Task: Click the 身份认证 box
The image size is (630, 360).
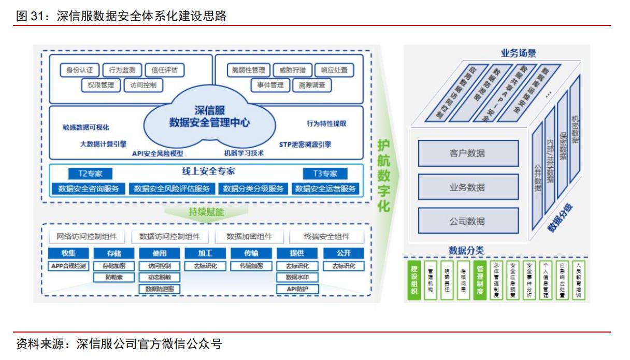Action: (x=76, y=70)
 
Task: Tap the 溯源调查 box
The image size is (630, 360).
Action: (x=312, y=85)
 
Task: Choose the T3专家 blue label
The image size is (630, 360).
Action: (x=325, y=174)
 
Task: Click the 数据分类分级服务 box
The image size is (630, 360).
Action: (x=253, y=189)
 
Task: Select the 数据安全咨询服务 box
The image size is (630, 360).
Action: (x=89, y=189)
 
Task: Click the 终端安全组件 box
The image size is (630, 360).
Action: (x=326, y=237)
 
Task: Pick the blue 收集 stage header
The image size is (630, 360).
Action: (x=68, y=253)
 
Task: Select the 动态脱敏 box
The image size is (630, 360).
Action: (x=160, y=278)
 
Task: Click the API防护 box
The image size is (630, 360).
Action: (x=297, y=289)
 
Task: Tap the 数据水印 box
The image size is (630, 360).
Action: (x=297, y=278)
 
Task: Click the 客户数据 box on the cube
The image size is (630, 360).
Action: (x=467, y=153)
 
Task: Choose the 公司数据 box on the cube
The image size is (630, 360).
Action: (x=467, y=221)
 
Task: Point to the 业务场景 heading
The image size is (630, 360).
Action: (x=518, y=53)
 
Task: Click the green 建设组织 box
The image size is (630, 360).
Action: (x=414, y=281)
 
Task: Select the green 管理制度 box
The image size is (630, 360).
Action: (x=480, y=281)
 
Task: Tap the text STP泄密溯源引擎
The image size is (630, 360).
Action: (x=305, y=145)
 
